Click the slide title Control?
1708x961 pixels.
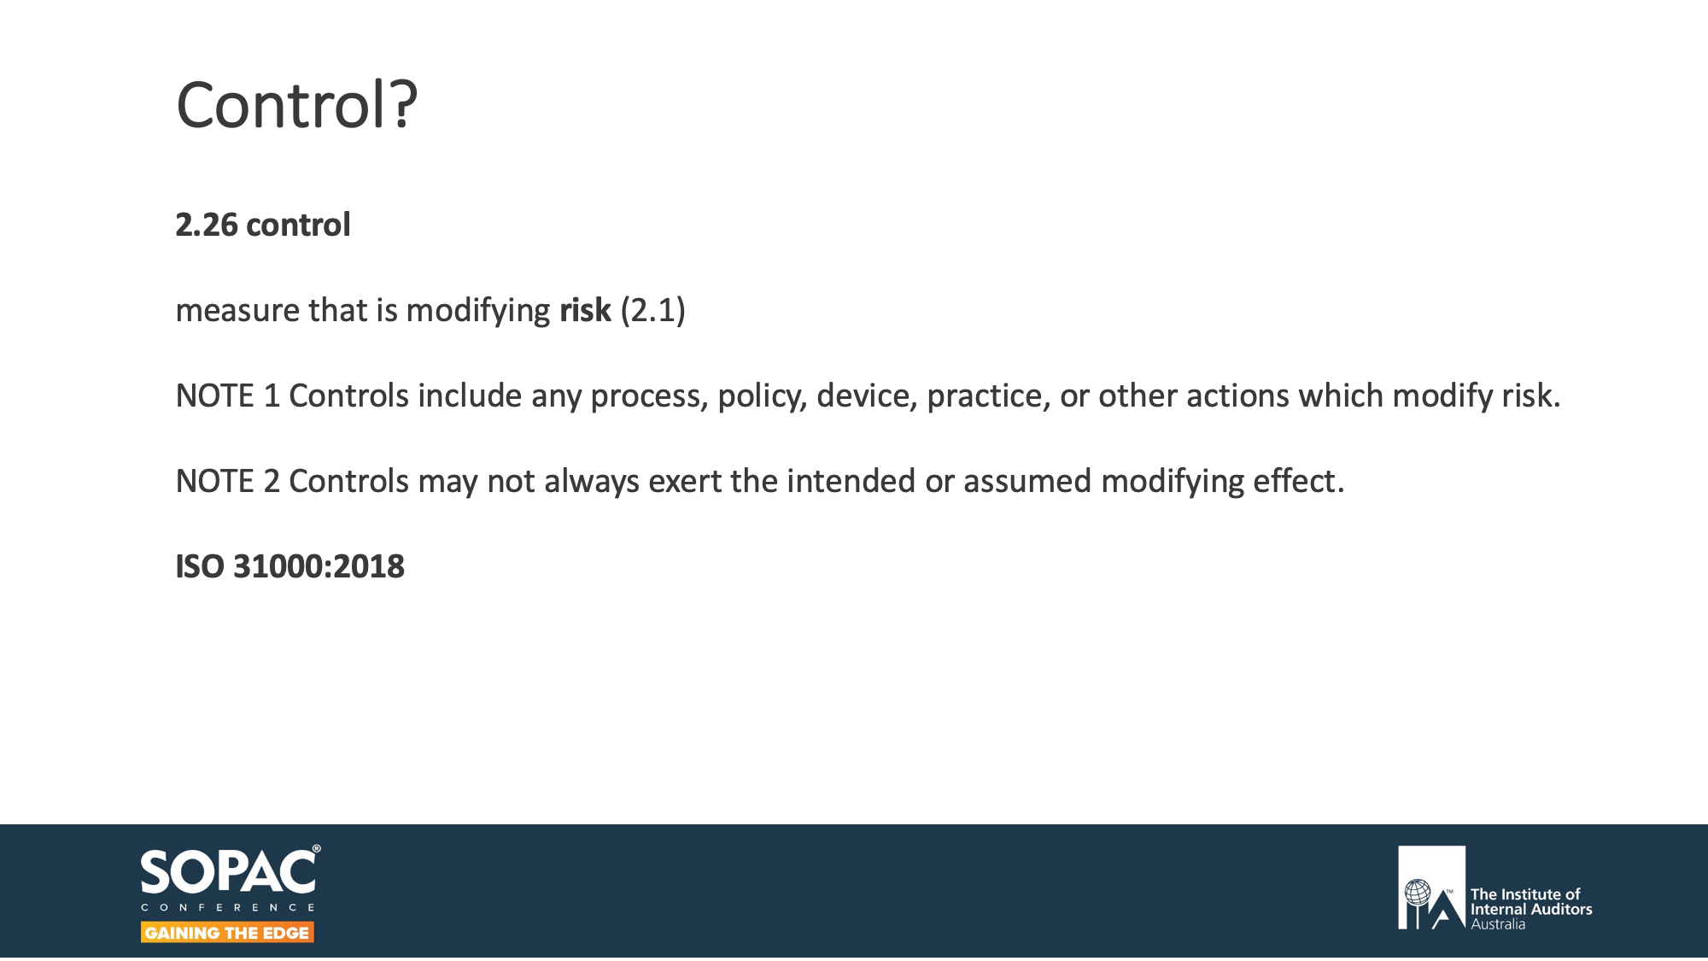(296, 105)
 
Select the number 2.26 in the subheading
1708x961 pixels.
(206, 225)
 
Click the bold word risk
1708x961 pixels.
(585, 310)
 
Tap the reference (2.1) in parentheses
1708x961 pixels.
(652, 310)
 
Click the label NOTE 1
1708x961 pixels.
(227, 396)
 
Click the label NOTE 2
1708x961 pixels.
(227, 481)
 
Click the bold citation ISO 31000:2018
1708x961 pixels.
(290, 566)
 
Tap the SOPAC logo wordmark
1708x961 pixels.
(228, 872)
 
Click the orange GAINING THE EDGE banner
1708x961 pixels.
(227, 933)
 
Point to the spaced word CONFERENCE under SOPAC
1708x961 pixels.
(228, 907)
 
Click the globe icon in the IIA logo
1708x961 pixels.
(1418, 893)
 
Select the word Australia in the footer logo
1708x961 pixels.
(1498, 924)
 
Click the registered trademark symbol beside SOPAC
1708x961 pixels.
(317, 849)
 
